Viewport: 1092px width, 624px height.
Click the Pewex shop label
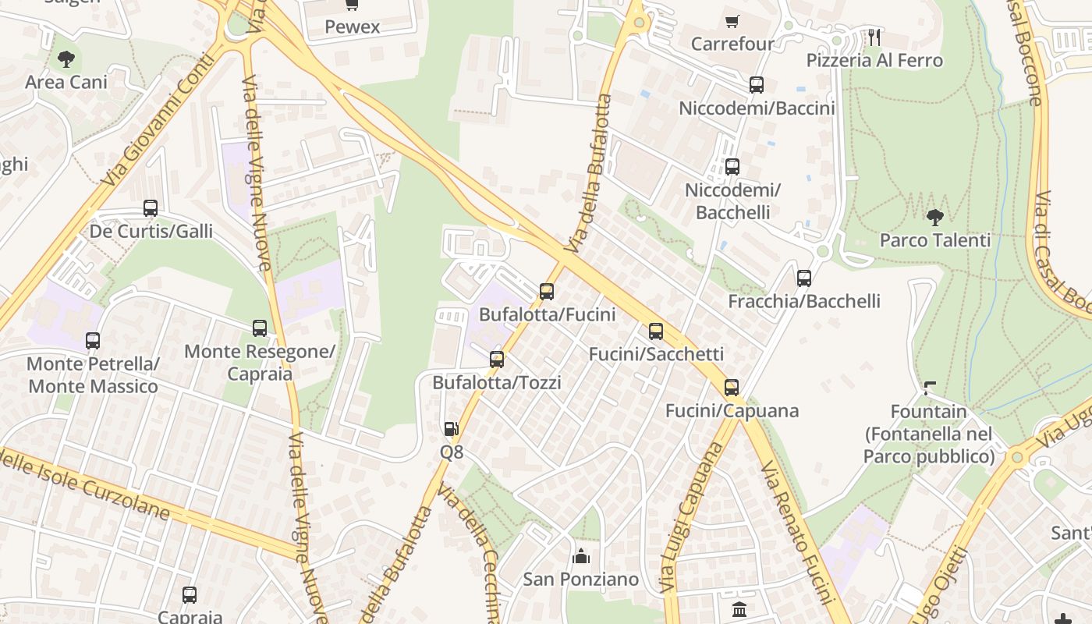(353, 27)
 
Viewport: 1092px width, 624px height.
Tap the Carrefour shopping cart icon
(732, 21)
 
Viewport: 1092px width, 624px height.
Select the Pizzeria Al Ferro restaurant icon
(874, 37)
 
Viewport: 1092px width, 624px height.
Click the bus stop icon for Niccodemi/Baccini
(756, 85)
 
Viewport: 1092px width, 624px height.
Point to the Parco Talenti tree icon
(934, 217)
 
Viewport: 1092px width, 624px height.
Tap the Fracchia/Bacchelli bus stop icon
(803, 278)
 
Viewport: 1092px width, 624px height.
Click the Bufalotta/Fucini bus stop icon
(547, 292)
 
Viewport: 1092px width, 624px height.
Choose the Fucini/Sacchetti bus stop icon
(656, 331)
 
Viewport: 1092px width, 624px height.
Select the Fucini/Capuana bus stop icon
(732, 388)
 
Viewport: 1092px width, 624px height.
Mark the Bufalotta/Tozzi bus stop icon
(497, 360)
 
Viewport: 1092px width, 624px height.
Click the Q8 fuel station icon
(451, 428)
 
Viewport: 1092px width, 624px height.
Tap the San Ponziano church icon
(580, 556)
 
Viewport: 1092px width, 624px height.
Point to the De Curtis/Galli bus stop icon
(151, 208)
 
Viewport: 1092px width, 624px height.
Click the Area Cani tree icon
(66, 58)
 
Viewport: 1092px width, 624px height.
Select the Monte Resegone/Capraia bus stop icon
(260, 328)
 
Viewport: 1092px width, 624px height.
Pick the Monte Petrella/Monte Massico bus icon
(93, 341)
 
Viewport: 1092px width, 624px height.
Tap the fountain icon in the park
(929, 388)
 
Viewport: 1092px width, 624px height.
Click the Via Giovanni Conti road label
(158, 119)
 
